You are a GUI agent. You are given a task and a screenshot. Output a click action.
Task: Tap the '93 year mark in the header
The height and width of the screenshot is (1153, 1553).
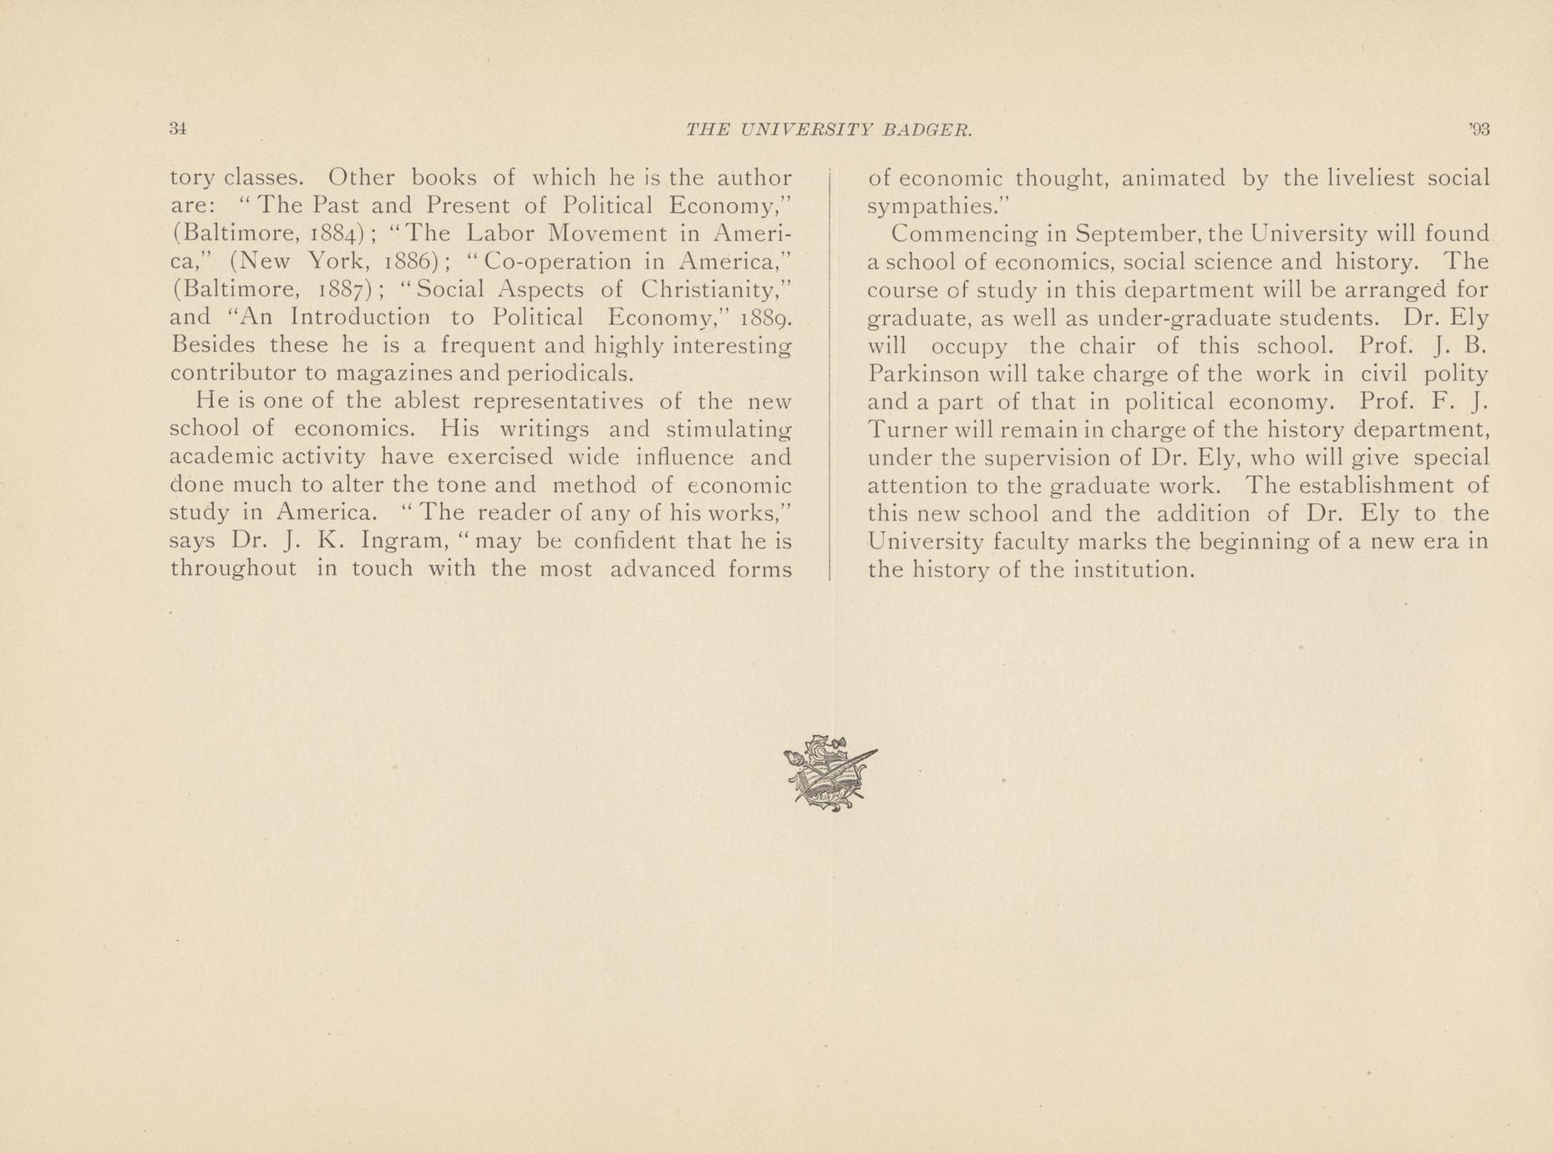[1479, 130]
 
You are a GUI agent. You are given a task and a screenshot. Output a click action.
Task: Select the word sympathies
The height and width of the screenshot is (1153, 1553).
[937, 206]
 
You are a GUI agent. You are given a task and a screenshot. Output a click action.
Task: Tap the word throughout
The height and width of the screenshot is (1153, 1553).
[233, 569]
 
